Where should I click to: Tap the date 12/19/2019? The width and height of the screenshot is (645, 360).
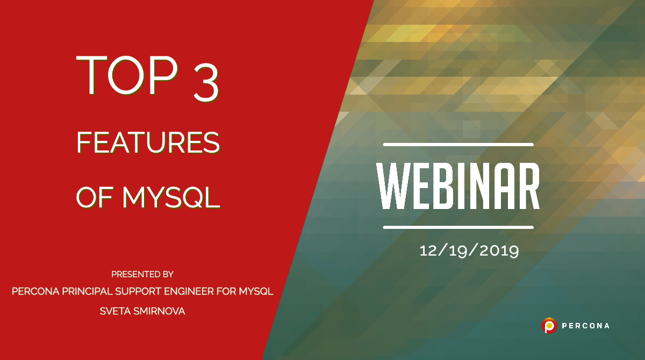(x=469, y=250)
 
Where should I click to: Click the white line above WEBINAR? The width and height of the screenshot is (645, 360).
(x=458, y=145)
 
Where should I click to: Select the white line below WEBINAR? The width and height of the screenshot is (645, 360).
(x=458, y=227)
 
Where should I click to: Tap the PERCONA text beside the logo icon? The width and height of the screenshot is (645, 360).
(x=585, y=326)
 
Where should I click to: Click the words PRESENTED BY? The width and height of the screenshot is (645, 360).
(x=142, y=274)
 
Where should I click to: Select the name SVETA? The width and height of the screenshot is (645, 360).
(x=114, y=311)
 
